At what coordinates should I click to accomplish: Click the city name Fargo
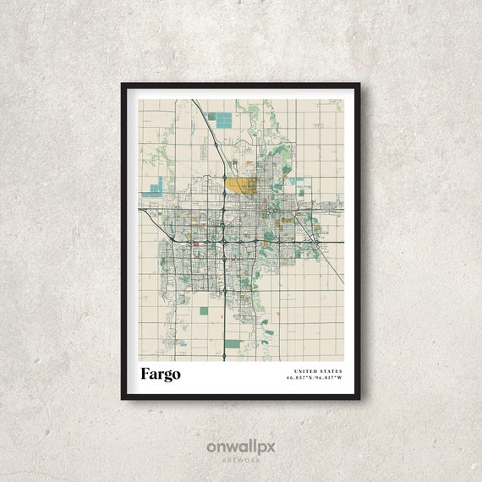click(161, 374)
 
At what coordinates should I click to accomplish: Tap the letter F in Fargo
click(146, 374)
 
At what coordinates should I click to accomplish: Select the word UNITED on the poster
click(305, 370)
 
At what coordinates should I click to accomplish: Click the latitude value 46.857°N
click(300, 379)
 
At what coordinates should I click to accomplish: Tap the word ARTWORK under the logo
click(241, 460)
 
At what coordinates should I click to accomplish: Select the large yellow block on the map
click(241, 185)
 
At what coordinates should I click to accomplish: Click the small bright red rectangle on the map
click(196, 244)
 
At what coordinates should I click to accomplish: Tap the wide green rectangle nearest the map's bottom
click(233, 345)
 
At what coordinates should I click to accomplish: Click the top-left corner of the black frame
click(123, 85)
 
